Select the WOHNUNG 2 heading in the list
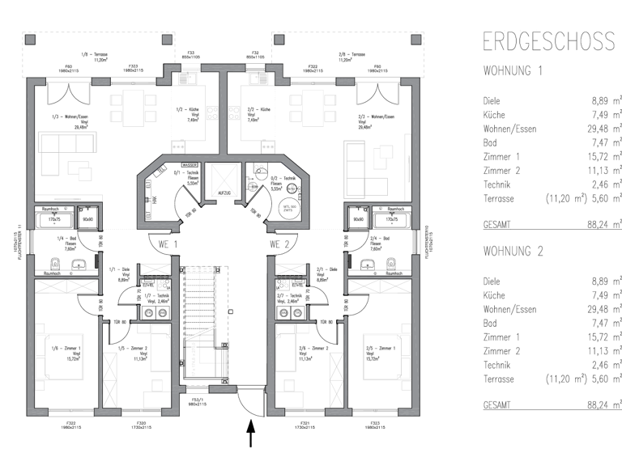pyautogui.click(x=512, y=252)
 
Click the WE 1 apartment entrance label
pyautogui.click(x=168, y=243)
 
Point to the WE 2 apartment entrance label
pyautogui.click(x=279, y=243)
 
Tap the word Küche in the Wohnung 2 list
pyautogui.click(x=494, y=294)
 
